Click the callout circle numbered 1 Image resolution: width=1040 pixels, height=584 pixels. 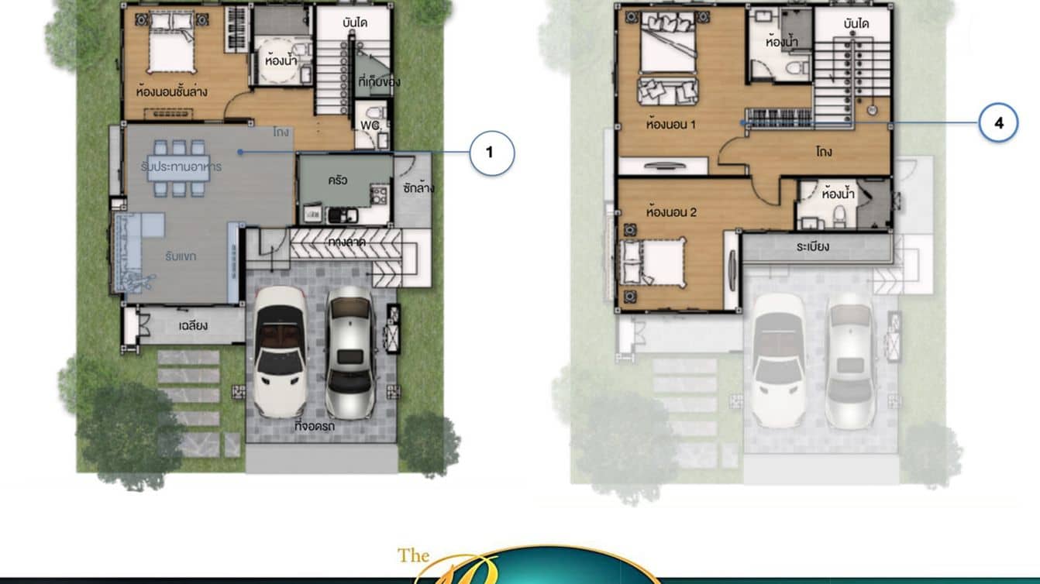[489, 153]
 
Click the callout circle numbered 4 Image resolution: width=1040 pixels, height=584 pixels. [998, 123]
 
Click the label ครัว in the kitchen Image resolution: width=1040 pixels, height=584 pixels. [337, 180]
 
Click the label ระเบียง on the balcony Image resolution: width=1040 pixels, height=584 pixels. [812, 247]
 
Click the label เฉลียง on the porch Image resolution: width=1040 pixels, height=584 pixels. [193, 325]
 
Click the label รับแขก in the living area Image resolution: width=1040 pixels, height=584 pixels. [180, 256]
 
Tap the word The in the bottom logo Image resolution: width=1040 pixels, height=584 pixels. [414, 555]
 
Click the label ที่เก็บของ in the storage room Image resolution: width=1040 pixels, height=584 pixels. [380, 81]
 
